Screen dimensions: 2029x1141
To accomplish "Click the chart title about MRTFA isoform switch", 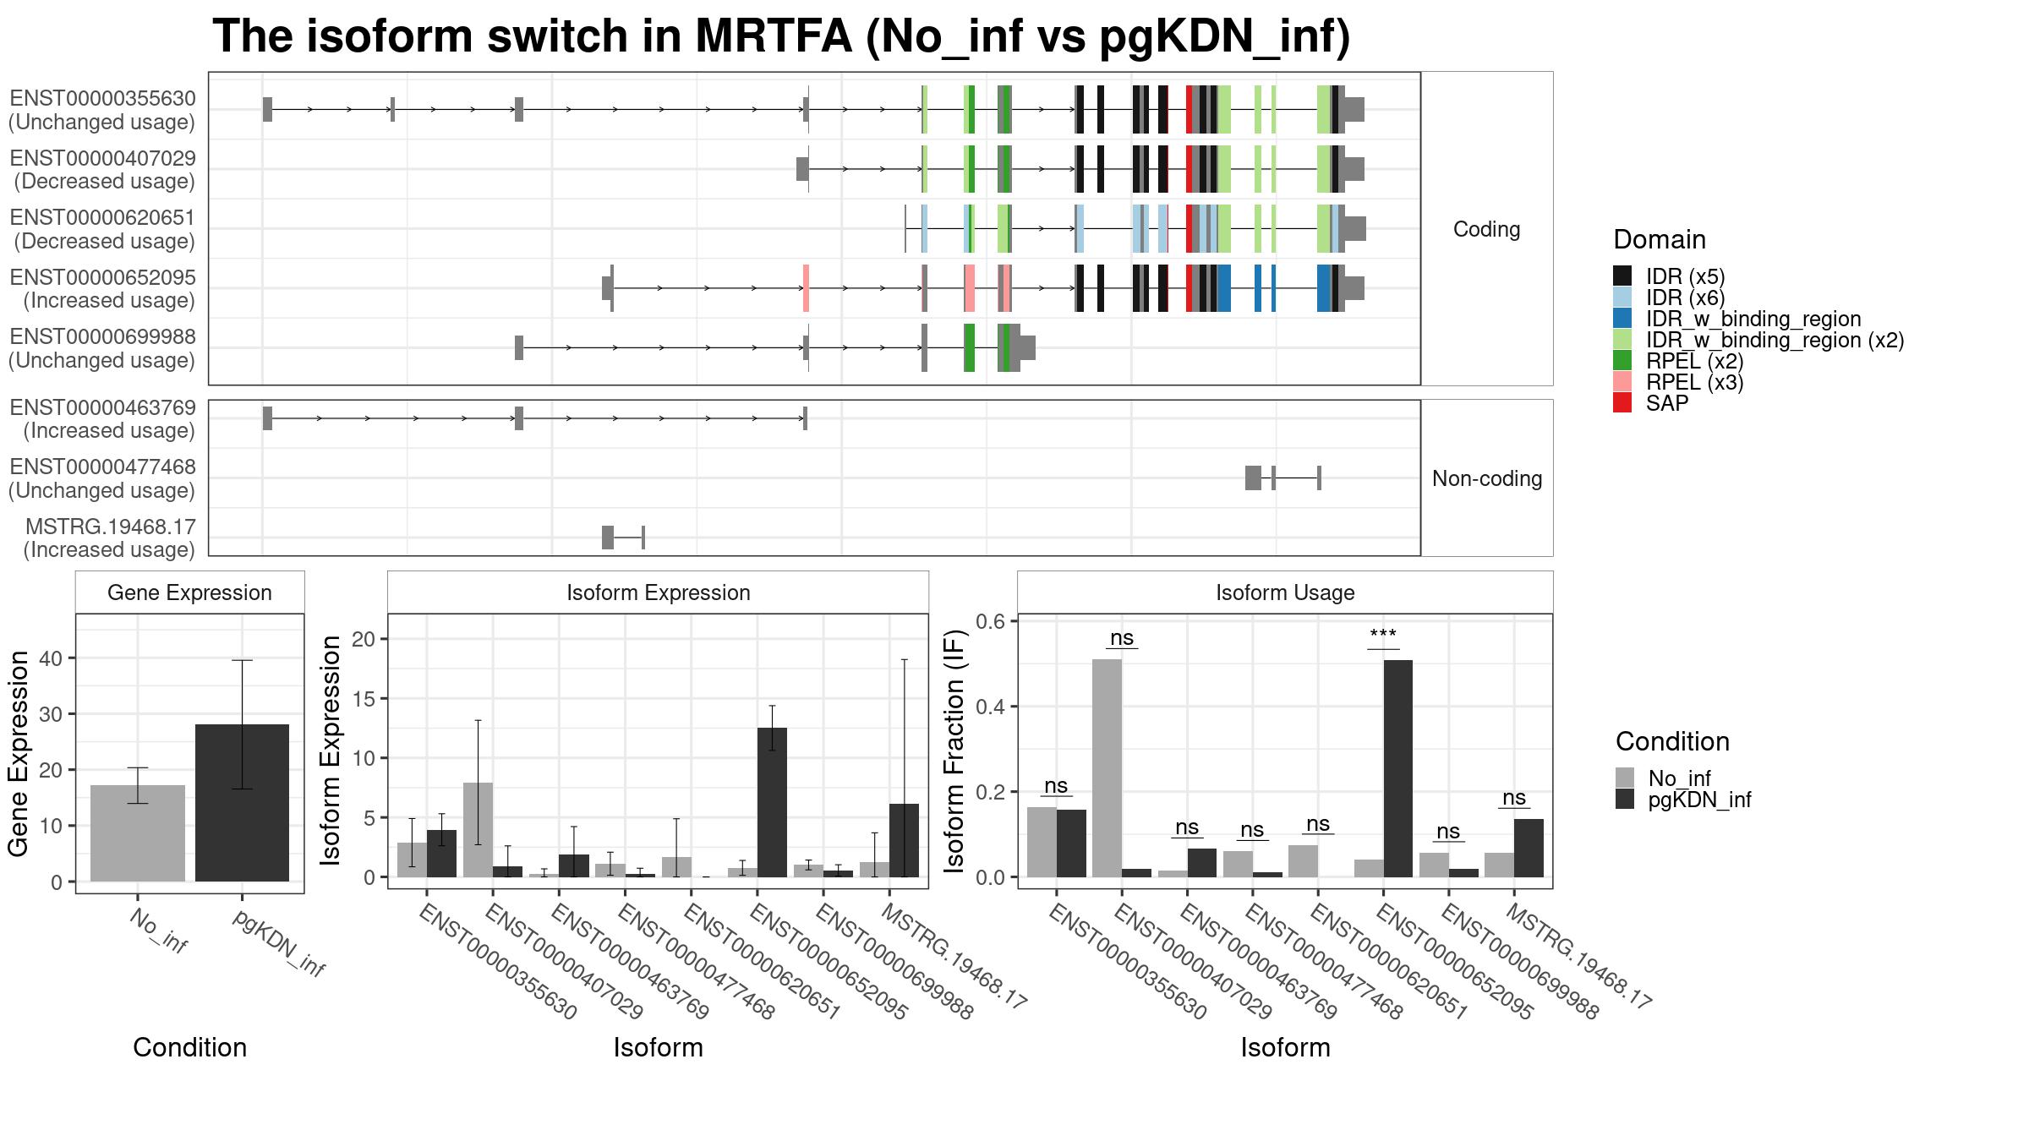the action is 781,36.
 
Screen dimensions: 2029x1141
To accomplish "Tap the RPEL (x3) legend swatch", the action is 1622,382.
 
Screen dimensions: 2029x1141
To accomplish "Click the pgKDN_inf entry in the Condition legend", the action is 1682,800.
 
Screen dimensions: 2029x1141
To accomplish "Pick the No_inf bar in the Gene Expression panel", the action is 138,833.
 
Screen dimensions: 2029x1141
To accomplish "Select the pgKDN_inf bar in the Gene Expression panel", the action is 242,803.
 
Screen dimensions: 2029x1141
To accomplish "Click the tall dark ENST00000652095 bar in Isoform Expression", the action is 772,802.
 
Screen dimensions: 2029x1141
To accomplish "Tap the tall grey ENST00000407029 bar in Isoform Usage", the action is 1107,768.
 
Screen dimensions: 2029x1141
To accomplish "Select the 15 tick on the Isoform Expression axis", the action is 364,699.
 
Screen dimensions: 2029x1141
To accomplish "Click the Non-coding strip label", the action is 1487,478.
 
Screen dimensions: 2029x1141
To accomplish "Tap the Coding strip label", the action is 1487,229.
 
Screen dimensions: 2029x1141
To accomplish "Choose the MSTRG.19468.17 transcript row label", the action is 110,538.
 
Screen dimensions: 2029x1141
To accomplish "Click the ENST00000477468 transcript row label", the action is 102,478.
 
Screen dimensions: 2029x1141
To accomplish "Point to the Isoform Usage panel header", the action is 1285,592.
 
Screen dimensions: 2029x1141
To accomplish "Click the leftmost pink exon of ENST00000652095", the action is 807,288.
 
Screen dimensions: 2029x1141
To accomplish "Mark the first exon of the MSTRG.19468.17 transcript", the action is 608,538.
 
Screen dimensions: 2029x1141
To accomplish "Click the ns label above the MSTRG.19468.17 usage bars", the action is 1514,798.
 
